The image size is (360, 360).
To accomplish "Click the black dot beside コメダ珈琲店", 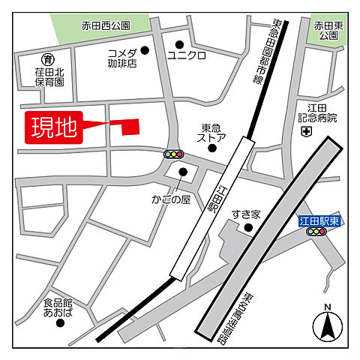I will click(145, 51).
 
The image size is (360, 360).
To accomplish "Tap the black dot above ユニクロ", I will click(179, 43).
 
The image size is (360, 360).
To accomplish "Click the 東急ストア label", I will click(211, 133).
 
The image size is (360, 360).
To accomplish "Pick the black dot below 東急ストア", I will click(212, 148).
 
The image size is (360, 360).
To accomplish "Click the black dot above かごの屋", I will click(182, 172).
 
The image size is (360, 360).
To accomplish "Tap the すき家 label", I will click(244, 214).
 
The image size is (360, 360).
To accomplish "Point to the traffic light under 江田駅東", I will click(316, 232).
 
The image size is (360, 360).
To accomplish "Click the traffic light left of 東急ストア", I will click(174, 154).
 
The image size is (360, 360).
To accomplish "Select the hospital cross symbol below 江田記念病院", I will click(305, 132).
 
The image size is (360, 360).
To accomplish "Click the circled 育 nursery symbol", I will click(48, 58).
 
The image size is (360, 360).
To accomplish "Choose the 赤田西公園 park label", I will click(106, 25).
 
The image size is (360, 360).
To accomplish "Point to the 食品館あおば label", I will click(58, 307).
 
